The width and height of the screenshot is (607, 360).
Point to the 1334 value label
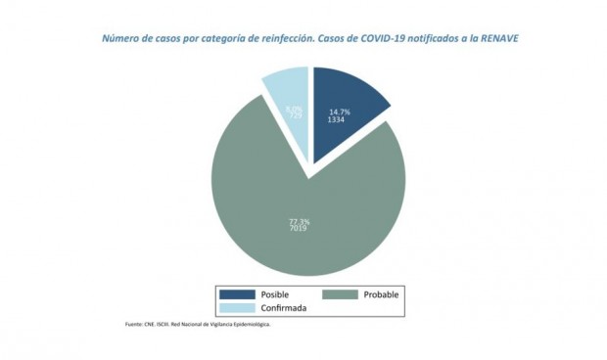pyautogui.click(x=337, y=119)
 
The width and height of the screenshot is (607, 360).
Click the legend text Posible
pyautogui.click(x=276, y=294)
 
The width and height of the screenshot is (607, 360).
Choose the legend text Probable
pyautogui.click(x=382, y=294)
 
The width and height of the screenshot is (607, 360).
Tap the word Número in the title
pyautogui.click(x=120, y=40)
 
